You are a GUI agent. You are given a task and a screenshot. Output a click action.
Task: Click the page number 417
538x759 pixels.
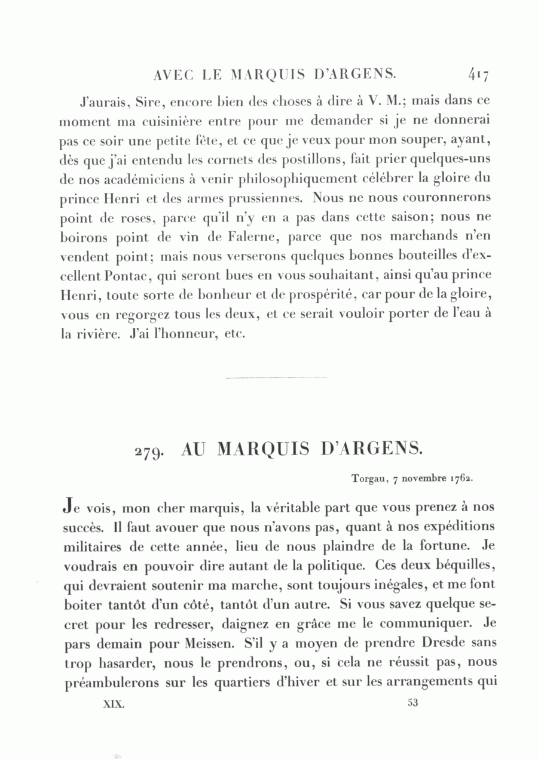[479, 75]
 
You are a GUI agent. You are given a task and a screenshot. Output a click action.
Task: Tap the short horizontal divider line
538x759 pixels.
[277, 377]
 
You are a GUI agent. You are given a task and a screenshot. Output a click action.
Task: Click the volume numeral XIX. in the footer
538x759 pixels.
[114, 704]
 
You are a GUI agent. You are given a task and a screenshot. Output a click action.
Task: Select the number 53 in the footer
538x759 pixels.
[412, 703]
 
